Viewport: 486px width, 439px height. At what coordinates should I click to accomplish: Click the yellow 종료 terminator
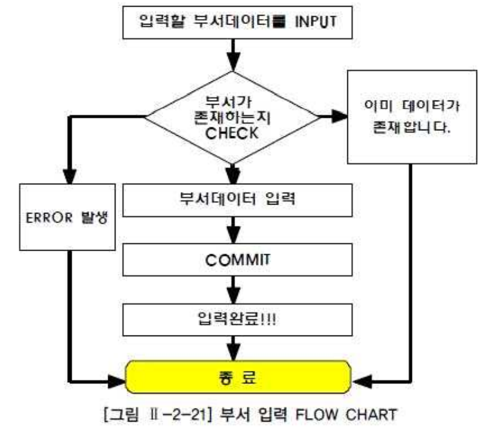237,379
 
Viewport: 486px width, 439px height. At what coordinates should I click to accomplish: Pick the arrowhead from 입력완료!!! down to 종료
235,352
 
